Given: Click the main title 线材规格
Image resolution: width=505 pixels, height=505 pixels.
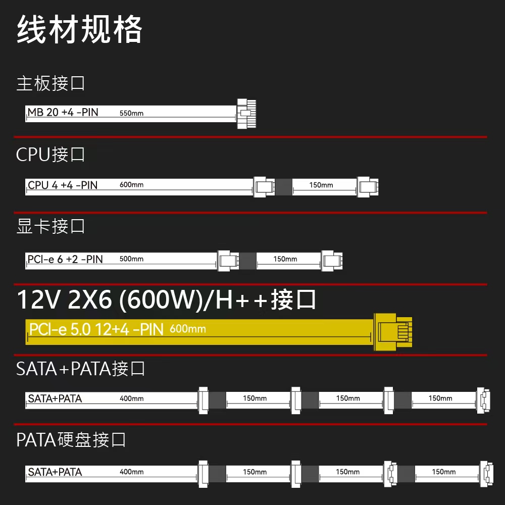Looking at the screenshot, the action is (x=80, y=30).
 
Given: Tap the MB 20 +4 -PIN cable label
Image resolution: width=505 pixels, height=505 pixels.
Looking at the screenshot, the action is (x=63, y=113).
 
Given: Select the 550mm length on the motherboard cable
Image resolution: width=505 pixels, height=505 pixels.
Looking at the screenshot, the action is (x=131, y=114).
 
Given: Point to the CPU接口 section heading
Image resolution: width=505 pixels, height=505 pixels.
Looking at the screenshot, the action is (x=50, y=155).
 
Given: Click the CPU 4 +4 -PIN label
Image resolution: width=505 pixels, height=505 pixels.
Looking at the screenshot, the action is (x=63, y=185).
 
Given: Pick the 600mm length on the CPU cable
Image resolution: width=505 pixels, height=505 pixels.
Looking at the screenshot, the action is (x=131, y=185).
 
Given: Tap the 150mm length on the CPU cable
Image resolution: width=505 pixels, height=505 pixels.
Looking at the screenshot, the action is (x=321, y=185).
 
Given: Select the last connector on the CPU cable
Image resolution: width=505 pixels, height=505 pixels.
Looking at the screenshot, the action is (x=368, y=186).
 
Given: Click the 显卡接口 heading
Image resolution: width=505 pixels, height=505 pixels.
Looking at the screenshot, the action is (x=50, y=227).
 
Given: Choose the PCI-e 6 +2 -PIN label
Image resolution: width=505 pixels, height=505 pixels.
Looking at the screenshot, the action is (x=65, y=260).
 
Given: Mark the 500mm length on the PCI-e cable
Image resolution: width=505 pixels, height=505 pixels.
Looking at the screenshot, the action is (x=131, y=259).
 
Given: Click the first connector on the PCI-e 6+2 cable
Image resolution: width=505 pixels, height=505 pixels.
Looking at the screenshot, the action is (x=228, y=260).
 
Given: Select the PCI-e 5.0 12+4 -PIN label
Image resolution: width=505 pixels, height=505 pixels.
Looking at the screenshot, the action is (x=96, y=330).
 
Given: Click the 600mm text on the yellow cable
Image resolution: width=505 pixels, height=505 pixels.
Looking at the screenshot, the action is (x=188, y=329).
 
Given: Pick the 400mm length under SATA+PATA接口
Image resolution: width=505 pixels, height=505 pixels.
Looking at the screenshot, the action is (x=131, y=399).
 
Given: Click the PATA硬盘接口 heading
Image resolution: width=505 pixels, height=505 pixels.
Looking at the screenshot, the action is (x=71, y=440).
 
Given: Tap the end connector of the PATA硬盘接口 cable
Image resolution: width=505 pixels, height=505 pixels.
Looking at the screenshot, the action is (x=486, y=473).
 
